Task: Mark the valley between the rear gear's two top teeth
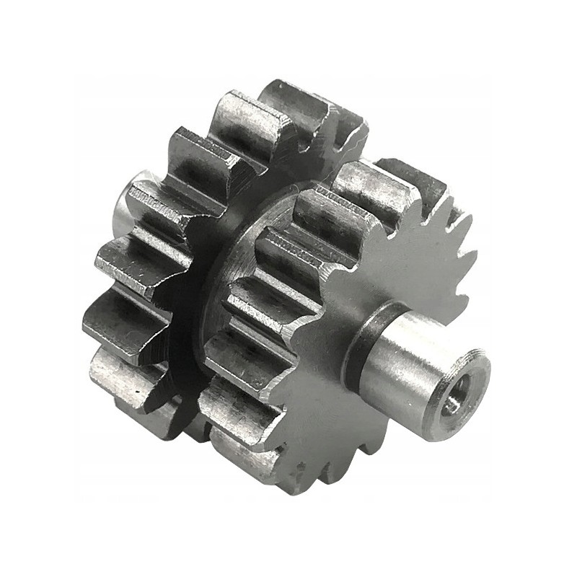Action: (x=252, y=108)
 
